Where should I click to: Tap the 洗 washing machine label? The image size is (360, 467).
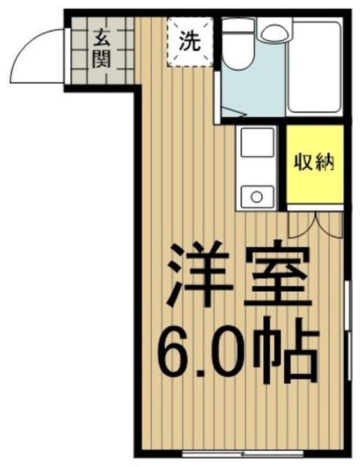(x=190, y=42)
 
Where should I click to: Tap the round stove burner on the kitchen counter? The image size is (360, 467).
(x=255, y=195)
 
